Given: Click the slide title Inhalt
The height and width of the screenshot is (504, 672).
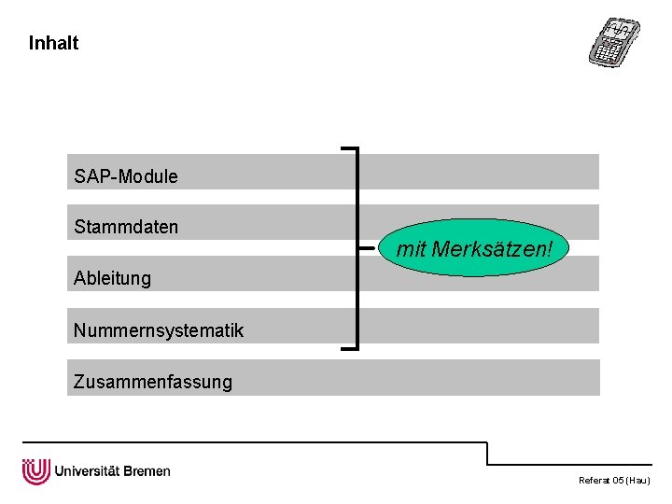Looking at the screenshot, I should pos(53,43).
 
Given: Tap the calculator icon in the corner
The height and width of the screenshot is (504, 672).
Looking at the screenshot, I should pos(615,41).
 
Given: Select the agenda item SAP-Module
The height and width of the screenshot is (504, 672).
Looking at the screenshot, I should pos(126,175).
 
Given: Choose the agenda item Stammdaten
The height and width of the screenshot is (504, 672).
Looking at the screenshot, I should pos(126,227).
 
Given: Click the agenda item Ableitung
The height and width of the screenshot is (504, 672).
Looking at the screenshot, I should pos(112,278).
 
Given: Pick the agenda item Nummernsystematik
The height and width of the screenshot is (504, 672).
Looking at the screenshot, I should pos(158,329).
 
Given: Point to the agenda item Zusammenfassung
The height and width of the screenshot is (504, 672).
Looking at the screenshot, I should pos(153,381).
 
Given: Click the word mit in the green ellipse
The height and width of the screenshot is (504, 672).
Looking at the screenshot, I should pos(412,250).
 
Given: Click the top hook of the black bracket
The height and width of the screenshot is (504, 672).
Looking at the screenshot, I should pos(350,147).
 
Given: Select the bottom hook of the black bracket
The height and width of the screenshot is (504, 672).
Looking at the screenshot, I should pos(350,347).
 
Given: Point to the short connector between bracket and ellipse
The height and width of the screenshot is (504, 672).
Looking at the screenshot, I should pos(369,249).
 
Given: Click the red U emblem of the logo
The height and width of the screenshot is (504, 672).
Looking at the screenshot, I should pos(35,471).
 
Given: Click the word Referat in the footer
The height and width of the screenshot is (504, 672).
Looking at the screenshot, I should pos(593,481).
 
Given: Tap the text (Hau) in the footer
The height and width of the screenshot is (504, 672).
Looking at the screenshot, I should pos(638,481).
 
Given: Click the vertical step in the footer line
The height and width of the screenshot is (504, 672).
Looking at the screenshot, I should pos(487,453).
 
